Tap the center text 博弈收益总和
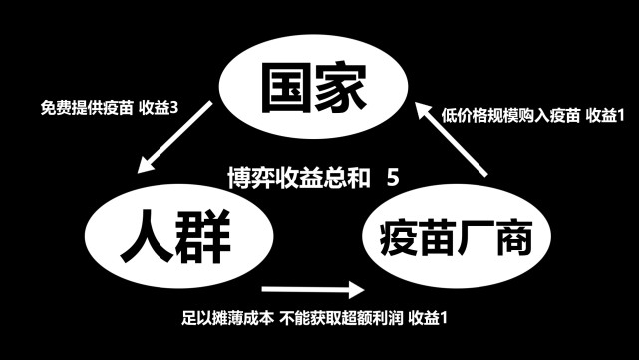click(x=294, y=179)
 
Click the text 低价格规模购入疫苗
click(x=507, y=115)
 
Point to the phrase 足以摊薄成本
click(x=228, y=319)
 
